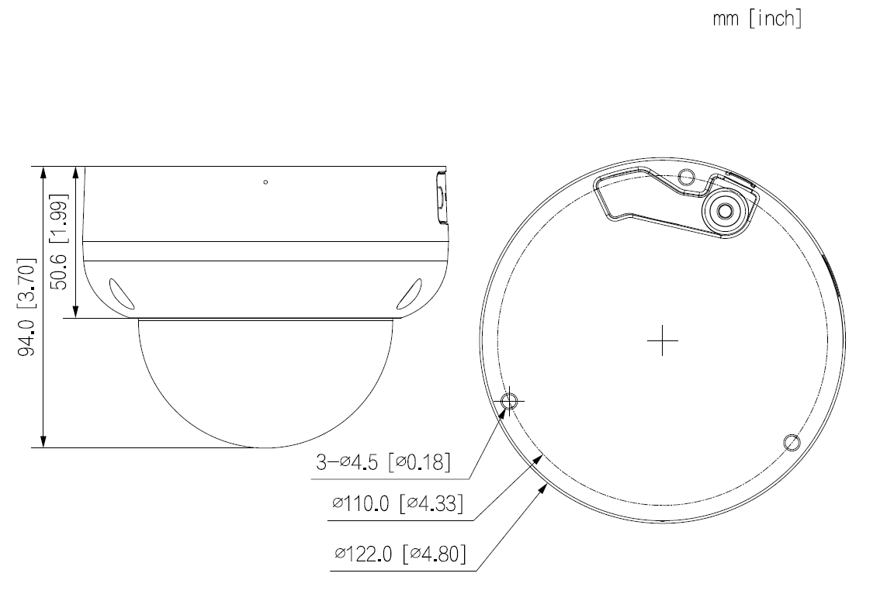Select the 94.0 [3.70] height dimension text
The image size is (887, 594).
30,307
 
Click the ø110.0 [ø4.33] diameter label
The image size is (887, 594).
398,505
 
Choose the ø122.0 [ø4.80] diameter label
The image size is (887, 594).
400,555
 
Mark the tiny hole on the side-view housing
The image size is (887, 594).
266,182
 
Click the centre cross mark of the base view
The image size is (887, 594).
661,340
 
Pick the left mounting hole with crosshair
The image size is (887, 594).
509,401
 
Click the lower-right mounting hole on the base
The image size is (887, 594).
791,442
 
